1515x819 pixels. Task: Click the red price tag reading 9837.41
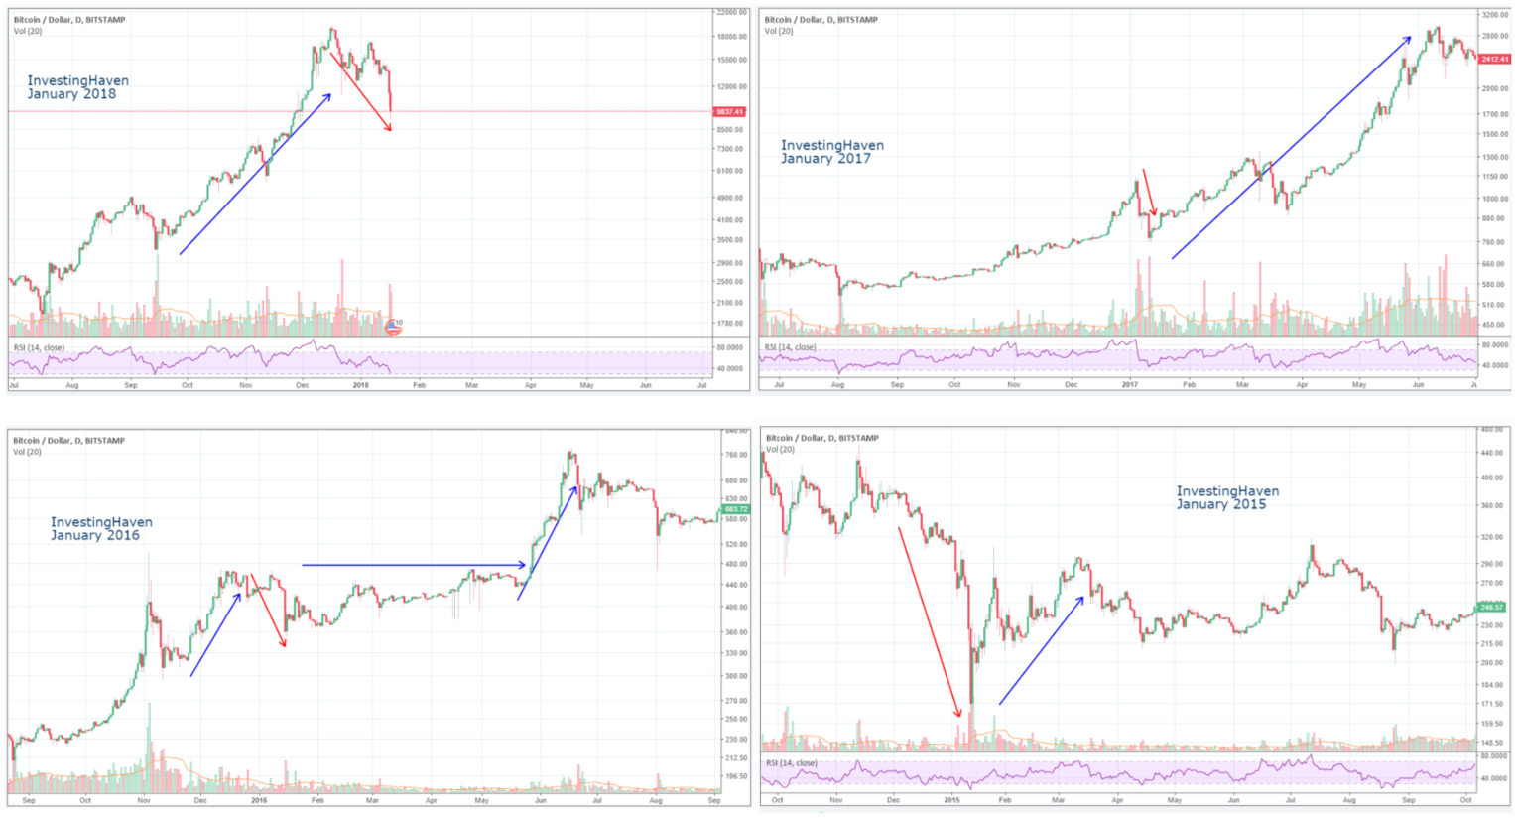tap(730, 112)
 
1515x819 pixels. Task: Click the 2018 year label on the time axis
tap(360, 385)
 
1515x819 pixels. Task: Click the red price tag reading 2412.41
tap(1494, 60)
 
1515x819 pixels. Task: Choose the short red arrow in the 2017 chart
tap(1149, 193)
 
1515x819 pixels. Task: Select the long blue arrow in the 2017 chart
tap(1290, 148)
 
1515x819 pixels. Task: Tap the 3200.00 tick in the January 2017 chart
tap(1494, 16)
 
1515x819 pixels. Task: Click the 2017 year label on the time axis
tap(1129, 384)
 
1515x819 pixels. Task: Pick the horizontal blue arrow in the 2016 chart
tap(414, 565)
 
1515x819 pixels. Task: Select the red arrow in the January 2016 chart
tap(268, 611)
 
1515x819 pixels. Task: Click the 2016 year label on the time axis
tap(259, 800)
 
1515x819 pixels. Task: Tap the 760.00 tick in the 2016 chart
tap(735, 455)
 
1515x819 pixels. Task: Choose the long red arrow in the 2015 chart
tap(930, 621)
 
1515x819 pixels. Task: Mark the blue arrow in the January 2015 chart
tap(1042, 650)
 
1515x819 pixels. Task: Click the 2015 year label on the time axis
tap(952, 799)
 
